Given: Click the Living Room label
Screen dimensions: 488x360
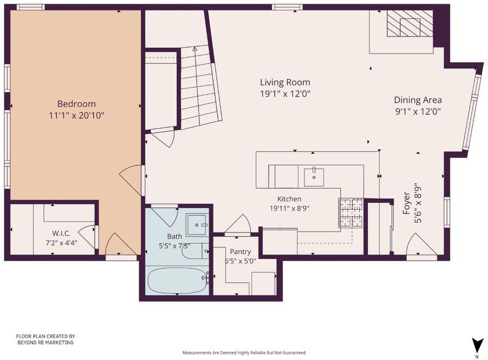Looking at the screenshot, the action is [x=285, y=82].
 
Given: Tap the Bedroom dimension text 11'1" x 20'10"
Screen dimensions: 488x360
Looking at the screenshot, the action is [x=76, y=116].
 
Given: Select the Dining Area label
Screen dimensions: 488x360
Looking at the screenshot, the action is [x=418, y=100].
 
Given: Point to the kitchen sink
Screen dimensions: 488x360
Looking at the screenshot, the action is [x=314, y=177].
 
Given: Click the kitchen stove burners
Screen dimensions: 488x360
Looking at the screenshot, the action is [x=351, y=212].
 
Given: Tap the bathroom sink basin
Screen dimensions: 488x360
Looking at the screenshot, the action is [x=196, y=225].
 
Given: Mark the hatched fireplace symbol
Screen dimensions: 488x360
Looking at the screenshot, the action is [x=409, y=24].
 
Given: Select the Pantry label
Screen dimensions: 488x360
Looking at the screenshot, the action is [x=240, y=251].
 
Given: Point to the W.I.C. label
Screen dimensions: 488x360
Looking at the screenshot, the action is [x=62, y=233].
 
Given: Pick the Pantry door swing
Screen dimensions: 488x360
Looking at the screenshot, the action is [x=238, y=223].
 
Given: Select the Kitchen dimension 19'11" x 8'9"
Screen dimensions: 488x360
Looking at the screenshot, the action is [x=289, y=208].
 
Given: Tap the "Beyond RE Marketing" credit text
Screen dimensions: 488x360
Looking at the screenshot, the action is [x=45, y=342].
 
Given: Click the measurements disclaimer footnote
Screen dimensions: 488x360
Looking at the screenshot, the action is [x=243, y=353].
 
